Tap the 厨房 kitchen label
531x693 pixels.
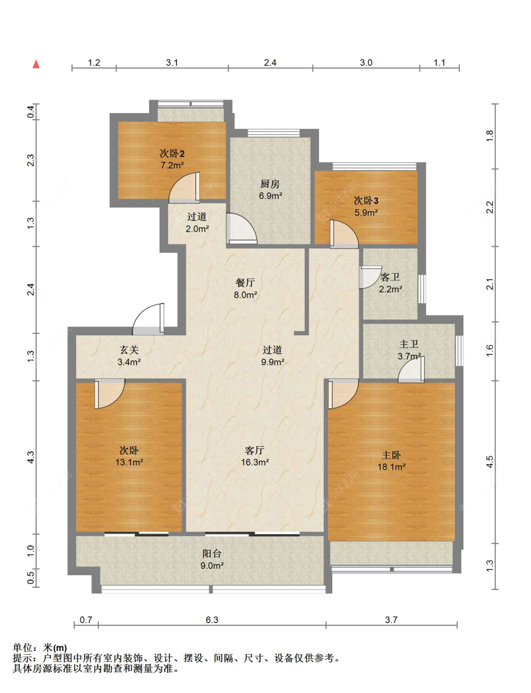(270, 184)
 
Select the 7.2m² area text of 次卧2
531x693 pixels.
(172, 165)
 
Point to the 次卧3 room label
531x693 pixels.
(366, 200)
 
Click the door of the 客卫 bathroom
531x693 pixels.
(370, 277)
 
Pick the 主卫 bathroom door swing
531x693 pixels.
(411, 369)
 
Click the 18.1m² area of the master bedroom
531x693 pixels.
(391, 467)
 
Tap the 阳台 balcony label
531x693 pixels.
(211, 553)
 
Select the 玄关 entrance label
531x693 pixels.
(129, 350)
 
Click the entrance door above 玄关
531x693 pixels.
(148, 319)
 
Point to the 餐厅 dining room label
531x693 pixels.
(245, 283)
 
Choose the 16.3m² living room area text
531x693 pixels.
(255, 462)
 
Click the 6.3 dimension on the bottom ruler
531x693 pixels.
(212, 620)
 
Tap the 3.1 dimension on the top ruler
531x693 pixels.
(172, 63)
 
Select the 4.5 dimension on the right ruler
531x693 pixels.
(489, 462)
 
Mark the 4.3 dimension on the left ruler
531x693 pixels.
(31, 457)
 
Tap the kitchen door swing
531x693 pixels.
(241, 228)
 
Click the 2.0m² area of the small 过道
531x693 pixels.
(197, 229)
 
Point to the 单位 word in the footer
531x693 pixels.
(23, 648)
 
